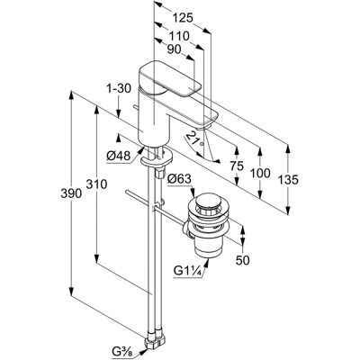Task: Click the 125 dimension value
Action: pos(183,19)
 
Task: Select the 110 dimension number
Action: pos(179,36)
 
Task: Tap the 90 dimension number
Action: pos(174,49)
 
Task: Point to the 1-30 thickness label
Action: pos(119,89)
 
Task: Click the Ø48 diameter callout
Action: pos(119,156)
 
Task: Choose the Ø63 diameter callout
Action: pos(179,179)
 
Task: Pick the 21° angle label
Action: pos(195,140)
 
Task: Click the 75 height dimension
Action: pos(237,166)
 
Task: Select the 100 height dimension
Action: pos(260,173)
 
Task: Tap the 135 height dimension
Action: pos(288,180)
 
